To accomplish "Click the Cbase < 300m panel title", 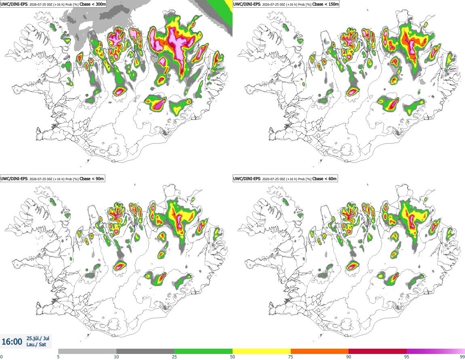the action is coord(53,4).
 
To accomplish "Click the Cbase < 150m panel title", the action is coord(286,4).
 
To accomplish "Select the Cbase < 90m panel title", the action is coord(52,179).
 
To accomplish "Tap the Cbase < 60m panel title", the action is coord(285,179).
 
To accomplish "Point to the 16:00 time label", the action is coord(12,342).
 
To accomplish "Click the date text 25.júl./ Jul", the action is coord(38,338).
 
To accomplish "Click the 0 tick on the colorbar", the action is coord(1,357).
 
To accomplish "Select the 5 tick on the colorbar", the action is coord(58,357).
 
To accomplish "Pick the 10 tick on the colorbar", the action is coord(116,357).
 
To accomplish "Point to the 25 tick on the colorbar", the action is coord(174,357).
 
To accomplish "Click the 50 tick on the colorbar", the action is coord(232,357).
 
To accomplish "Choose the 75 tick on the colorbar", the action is coord(291,357).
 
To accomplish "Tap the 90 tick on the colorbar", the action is coord(349,357).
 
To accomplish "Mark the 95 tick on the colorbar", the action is coord(407,357).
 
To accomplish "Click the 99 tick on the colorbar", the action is coord(462,357).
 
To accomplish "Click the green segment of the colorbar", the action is coord(203,351).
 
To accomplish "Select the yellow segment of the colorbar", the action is coord(262,351).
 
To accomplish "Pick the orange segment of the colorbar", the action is coord(320,351).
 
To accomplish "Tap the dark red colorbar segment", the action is coord(378,351).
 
